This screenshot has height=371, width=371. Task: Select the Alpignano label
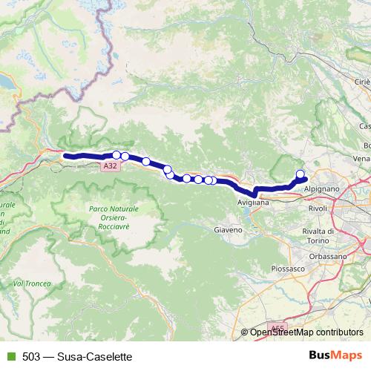[322, 189]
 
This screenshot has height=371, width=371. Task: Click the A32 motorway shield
[110, 167]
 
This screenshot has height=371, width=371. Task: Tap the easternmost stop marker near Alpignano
[301, 175]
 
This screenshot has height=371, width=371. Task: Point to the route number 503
[30, 355]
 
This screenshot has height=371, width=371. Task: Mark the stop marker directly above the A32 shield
[117, 154]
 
